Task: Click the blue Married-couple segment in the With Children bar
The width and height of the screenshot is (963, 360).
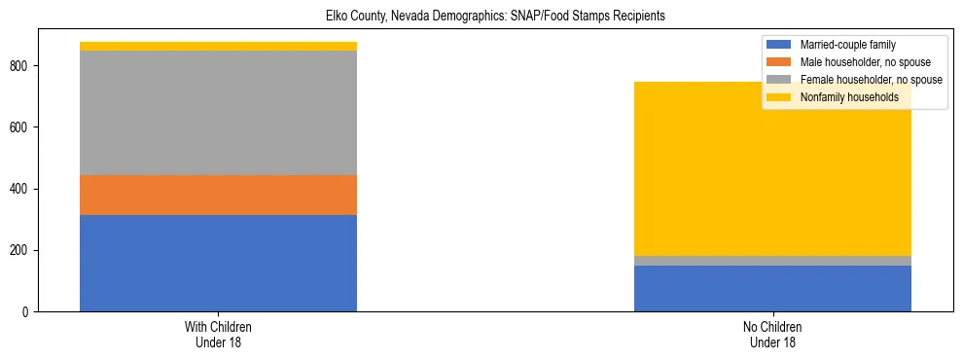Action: [218, 263]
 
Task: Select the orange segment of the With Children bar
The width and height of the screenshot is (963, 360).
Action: [218, 195]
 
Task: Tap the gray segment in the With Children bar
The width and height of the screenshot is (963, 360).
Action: [218, 112]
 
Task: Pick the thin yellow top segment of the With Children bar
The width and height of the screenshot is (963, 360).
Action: [218, 46]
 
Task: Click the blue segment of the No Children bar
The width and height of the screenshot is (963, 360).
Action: [772, 288]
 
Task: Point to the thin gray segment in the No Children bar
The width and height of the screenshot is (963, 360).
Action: [772, 261]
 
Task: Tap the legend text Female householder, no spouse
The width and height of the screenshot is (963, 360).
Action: [871, 80]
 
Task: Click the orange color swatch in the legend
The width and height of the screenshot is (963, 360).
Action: [779, 62]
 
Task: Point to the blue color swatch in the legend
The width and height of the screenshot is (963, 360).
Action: [779, 45]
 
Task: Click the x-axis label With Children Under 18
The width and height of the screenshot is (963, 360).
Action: [218, 335]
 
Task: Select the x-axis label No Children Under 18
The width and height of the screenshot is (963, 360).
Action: [772, 335]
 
